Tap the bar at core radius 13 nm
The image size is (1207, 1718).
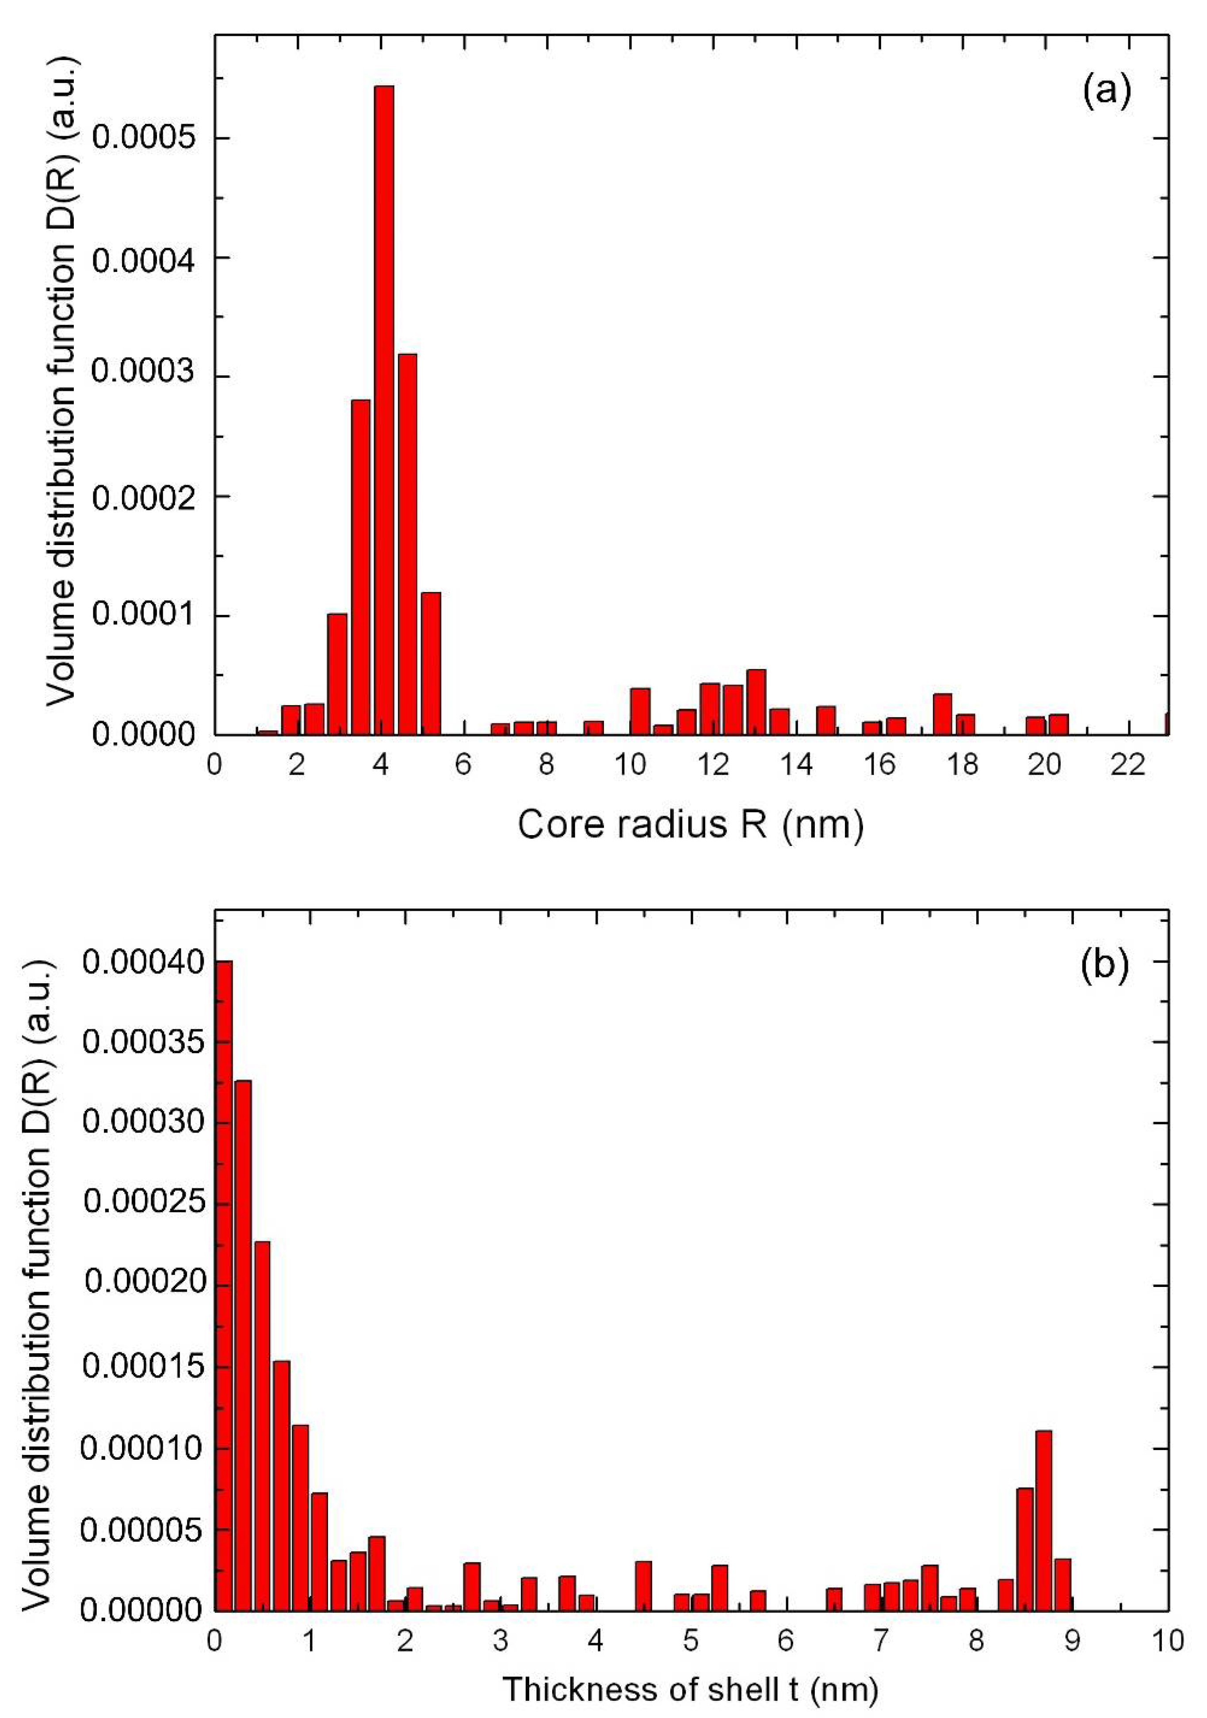(x=756, y=702)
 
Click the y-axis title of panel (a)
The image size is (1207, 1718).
(x=61, y=382)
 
